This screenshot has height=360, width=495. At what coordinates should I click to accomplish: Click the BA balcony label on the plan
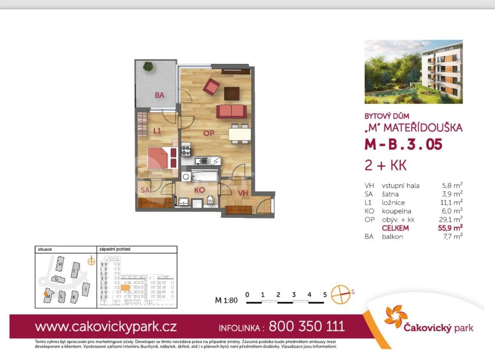[x=159, y=95]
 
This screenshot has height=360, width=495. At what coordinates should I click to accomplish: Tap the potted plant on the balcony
[x=148, y=66]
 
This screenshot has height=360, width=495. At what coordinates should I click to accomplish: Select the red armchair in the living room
[x=211, y=86]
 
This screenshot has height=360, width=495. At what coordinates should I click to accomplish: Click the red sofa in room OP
[x=231, y=111]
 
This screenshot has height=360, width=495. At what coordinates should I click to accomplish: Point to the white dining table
[x=240, y=134]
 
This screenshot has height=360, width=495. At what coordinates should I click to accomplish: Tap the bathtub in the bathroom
[x=204, y=176]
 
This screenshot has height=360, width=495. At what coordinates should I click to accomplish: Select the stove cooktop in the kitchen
[x=186, y=149]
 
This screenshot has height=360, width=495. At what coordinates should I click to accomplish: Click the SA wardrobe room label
[x=145, y=190]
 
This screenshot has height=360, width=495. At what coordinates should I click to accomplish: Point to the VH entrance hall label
[x=243, y=193]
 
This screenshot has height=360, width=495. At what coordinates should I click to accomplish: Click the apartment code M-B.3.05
[x=403, y=145]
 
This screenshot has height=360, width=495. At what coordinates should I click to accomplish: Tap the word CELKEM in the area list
[x=395, y=228]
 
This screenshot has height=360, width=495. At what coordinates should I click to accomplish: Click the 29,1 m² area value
[x=451, y=219]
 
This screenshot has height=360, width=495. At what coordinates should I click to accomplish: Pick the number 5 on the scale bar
[x=325, y=295]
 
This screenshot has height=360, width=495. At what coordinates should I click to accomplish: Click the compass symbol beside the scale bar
[x=340, y=295]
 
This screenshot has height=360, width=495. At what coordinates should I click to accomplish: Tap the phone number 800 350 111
[x=306, y=326]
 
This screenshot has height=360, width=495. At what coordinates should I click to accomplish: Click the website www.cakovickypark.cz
[x=106, y=326]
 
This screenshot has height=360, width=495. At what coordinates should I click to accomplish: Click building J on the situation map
[x=86, y=289]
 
